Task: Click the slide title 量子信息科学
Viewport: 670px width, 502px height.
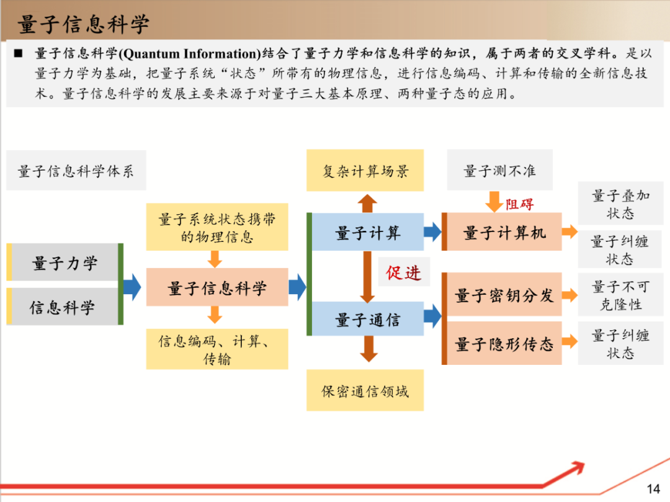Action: pyautogui.click(x=84, y=25)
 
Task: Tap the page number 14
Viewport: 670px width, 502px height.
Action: pyautogui.click(x=653, y=488)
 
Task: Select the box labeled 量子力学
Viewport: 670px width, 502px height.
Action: pyautogui.click(x=65, y=263)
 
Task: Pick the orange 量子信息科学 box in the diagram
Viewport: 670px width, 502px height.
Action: pyautogui.click(x=217, y=288)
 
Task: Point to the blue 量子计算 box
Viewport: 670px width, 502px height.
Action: pyautogui.click(x=368, y=233)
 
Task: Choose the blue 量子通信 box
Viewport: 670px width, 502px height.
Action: pyautogui.click(x=368, y=320)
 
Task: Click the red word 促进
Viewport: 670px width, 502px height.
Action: pyautogui.click(x=404, y=272)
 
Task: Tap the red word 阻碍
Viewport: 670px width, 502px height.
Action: pyautogui.click(x=519, y=204)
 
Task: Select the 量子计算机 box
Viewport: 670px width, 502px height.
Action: pyautogui.click(x=504, y=233)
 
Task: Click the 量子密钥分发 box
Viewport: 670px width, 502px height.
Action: pyautogui.click(x=504, y=295)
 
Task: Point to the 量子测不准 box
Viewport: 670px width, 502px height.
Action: pyautogui.click(x=499, y=171)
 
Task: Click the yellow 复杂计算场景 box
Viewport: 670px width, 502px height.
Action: pyautogui.click(x=365, y=171)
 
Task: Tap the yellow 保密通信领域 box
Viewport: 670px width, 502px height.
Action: pyautogui.click(x=365, y=391)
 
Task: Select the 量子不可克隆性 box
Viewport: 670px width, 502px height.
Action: pyautogui.click(x=620, y=295)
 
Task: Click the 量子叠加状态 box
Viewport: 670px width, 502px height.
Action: pyautogui.click(x=620, y=204)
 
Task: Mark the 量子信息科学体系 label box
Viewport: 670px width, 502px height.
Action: pyautogui.click(x=76, y=171)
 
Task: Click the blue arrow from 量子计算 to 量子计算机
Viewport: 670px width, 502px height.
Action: pyautogui.click(x=432, y=233)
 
